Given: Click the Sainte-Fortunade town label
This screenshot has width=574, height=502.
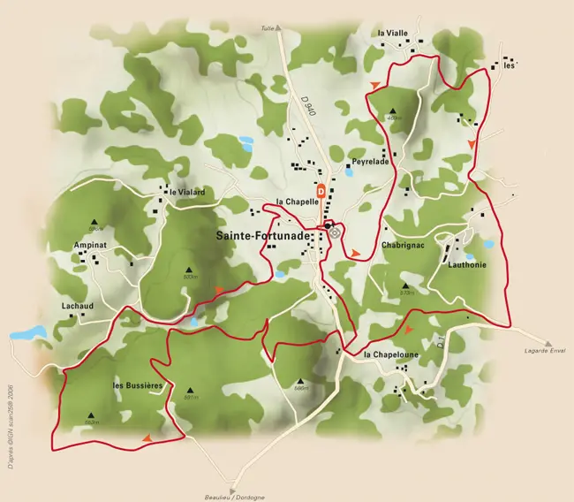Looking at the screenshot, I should (x=261, y=236).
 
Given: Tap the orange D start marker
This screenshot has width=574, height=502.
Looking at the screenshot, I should (x=321, y=189).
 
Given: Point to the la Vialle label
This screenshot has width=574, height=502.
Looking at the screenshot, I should (x=393, y=33).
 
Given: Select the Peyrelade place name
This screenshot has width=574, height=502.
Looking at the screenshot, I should (x=371, y=162).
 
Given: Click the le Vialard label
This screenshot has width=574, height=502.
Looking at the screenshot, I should (x=188, y=192).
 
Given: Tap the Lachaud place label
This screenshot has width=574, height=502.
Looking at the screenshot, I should (x=78, y=306).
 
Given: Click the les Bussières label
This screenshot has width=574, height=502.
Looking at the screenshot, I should (x=139, y=386).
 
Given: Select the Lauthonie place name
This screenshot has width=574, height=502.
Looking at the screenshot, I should (x=466, y=263).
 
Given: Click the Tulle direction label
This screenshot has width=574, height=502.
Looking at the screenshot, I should (x=268, y=28).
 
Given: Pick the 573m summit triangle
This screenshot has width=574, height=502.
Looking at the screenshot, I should (x=407, y=285).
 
